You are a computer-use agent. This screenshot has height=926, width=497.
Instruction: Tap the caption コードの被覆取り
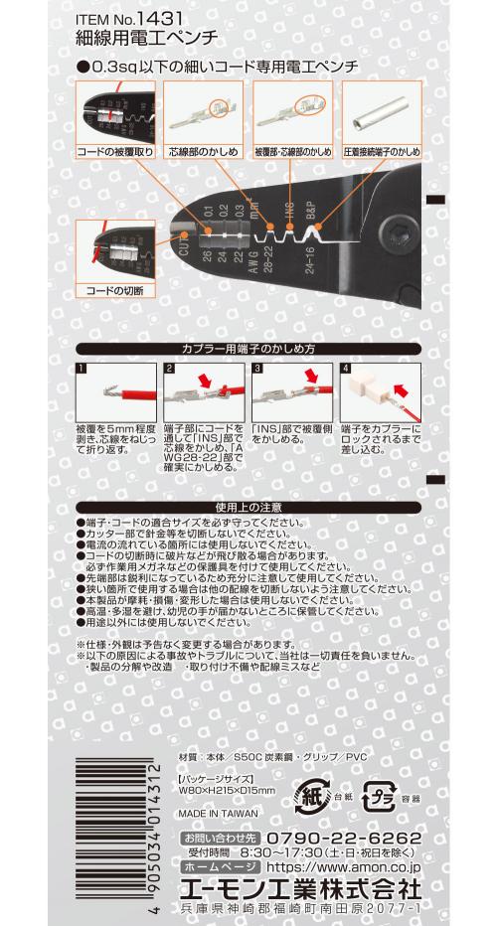(115, 152)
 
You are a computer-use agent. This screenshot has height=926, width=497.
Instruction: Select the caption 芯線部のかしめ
(203, 152)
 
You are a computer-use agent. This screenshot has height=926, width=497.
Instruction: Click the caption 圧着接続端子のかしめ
(382, 152)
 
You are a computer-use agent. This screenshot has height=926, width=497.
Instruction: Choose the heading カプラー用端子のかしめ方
(248, 349)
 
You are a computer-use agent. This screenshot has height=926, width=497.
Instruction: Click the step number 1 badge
(81, 369)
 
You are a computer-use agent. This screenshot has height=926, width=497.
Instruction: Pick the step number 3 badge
(257, 369)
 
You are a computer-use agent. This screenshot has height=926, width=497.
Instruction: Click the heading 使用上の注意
(248, 508)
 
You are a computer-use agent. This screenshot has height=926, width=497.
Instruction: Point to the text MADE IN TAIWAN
(218, 813)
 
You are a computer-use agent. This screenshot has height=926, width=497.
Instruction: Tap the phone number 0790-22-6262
(345, 838)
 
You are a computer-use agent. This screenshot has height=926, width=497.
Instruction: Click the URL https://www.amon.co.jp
(343, 867)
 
